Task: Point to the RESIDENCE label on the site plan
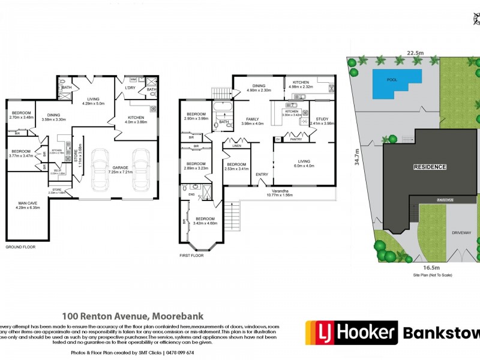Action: point(429,167)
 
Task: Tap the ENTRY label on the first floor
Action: point(262,175)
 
